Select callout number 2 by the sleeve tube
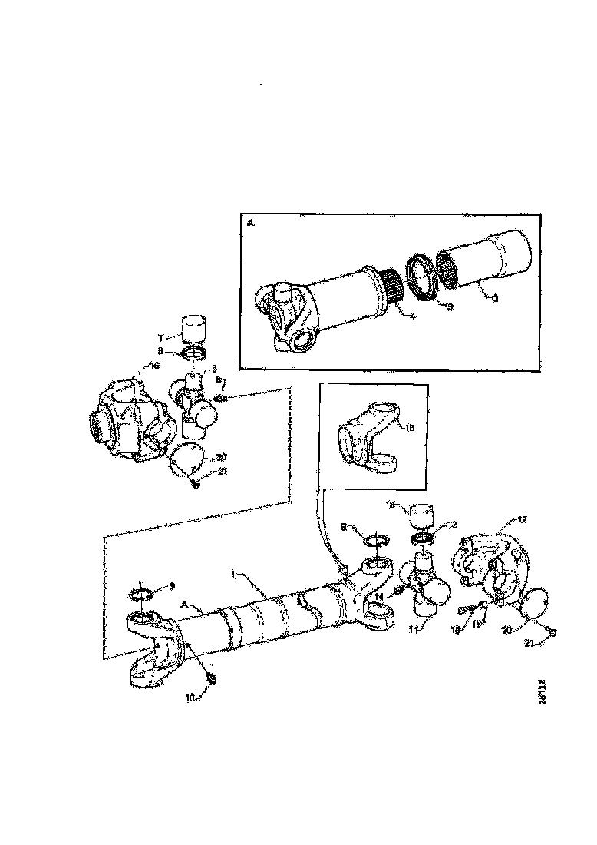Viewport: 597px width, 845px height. click(x=496, y=298)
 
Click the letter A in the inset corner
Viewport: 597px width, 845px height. click(x=250, y=224)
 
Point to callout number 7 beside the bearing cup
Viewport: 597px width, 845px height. click(x=160, y=337)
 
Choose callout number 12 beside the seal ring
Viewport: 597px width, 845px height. click(x=452, y=525)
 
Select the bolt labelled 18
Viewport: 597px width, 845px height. click(x=467, y=610)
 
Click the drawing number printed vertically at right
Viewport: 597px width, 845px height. click(x=542, y=690)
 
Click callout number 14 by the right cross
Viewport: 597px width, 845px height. click(x=379, y=595)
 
